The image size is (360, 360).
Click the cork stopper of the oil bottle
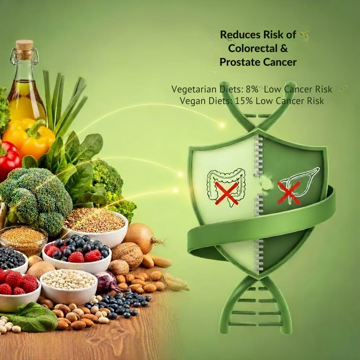coord(24,49)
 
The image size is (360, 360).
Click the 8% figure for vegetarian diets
coord(252,89)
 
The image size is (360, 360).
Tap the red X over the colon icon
coord(227,193)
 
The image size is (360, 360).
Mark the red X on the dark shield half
coord(289,193)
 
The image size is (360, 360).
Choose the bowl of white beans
coord(69,286)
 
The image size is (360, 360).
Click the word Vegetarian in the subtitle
coord(194,89)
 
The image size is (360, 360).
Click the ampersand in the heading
coord(284,49)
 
